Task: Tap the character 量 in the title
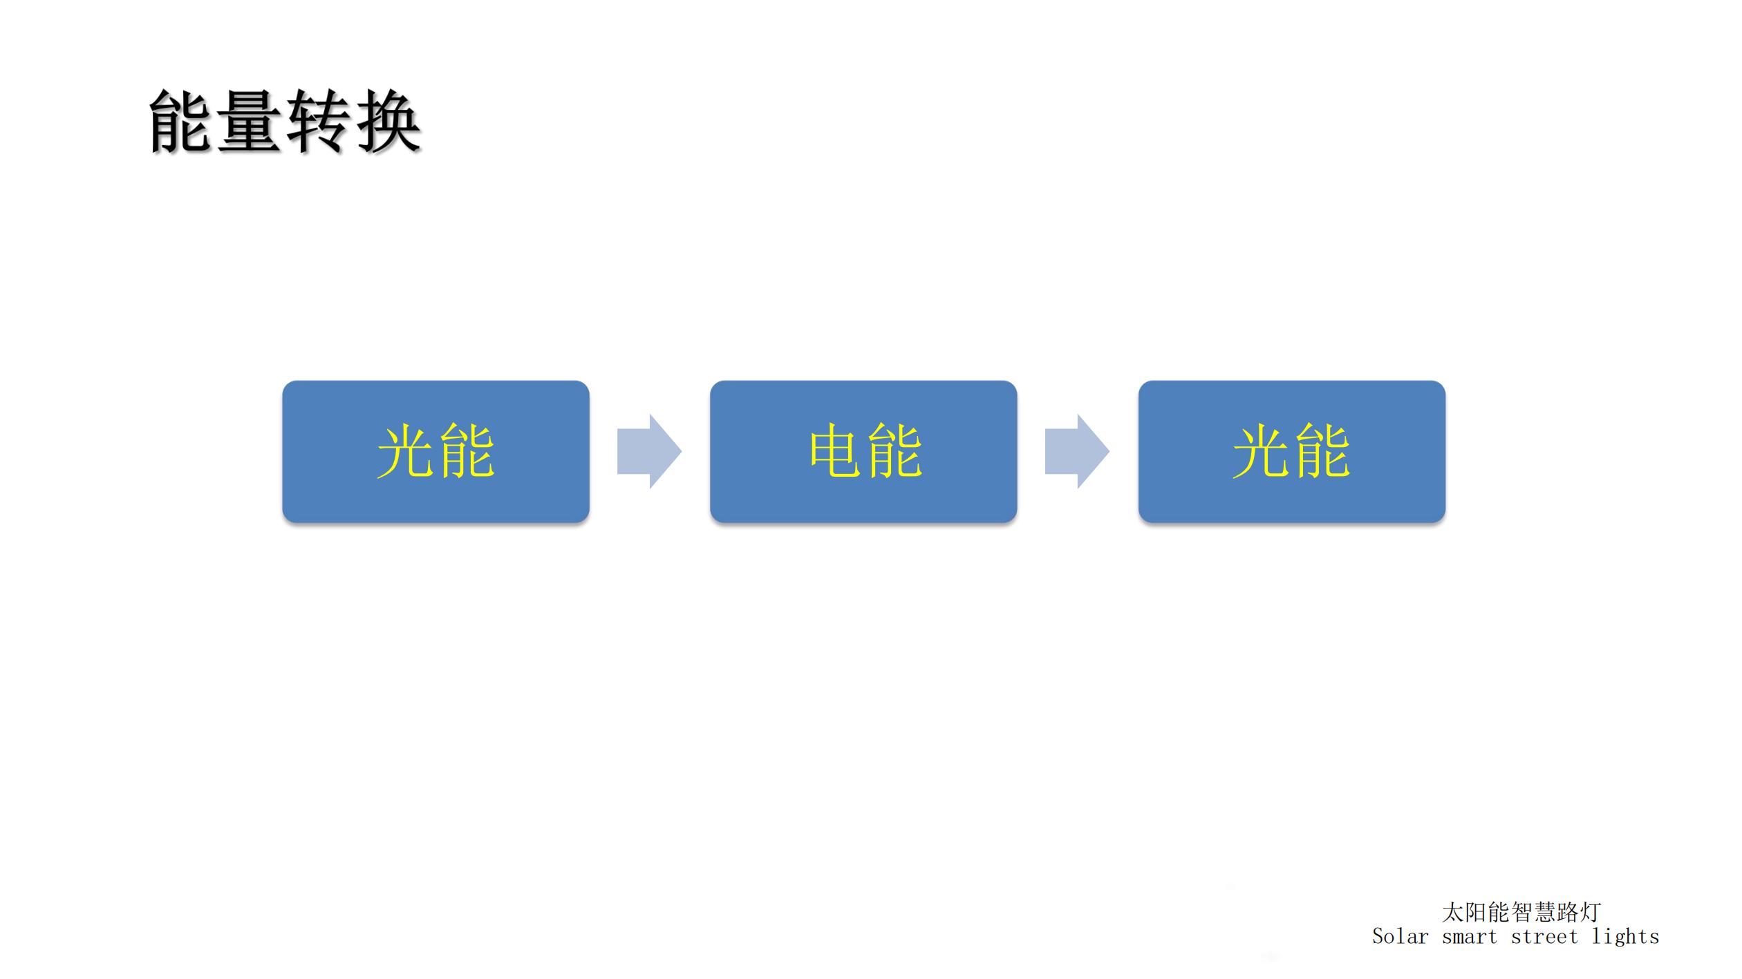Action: pyautogui.click(x=250, y=121)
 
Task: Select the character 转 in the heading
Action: pyautogui.click(x=318, y=121)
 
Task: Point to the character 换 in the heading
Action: pyautogui.click(x=387, y=121)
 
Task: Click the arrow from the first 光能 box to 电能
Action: pyautogui.click(x=649, y=452)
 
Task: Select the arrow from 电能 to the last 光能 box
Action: pyautogui.click(x=1077, y=452)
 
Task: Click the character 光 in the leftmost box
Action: pyautogui.click(x=406, y=451)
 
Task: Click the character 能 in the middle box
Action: pyautogui.click(x=895, y=451)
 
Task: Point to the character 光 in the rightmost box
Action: pyautogui.click(x=1262, y=451)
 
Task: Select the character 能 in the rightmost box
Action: pyautogui.click(x=1322, y=451)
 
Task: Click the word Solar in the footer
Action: pyautogui.click(x=1401, y=937)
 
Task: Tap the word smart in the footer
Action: pyautogui.click(x=1470, y=937)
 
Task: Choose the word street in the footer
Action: pyautogui.click(x=1544, y=937)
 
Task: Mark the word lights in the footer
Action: pyautogui.click(x=1625, y=937)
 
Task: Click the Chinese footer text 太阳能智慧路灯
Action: pyautogui.click(x=1521, y=912)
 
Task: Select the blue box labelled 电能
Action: pyautogui.click(x=863, y=451)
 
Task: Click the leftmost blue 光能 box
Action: pyautogui.click(x=435, y=451)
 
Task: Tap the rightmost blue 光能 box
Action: pyautogui.click(x=1292, y=451)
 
